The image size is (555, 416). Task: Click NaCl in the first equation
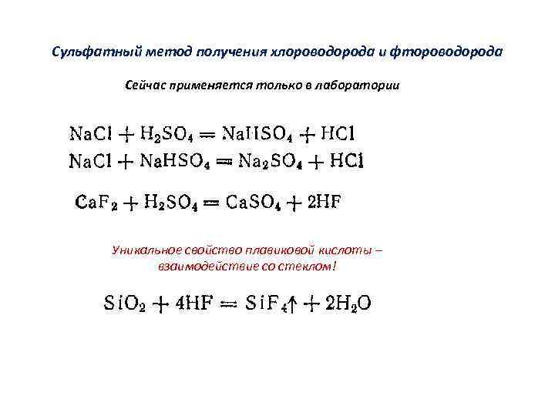tap(92, 133)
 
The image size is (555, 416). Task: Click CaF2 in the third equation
tap(95, 203)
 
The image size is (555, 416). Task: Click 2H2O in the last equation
tap(348, 304)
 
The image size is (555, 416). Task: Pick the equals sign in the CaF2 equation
tap(214, 204)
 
